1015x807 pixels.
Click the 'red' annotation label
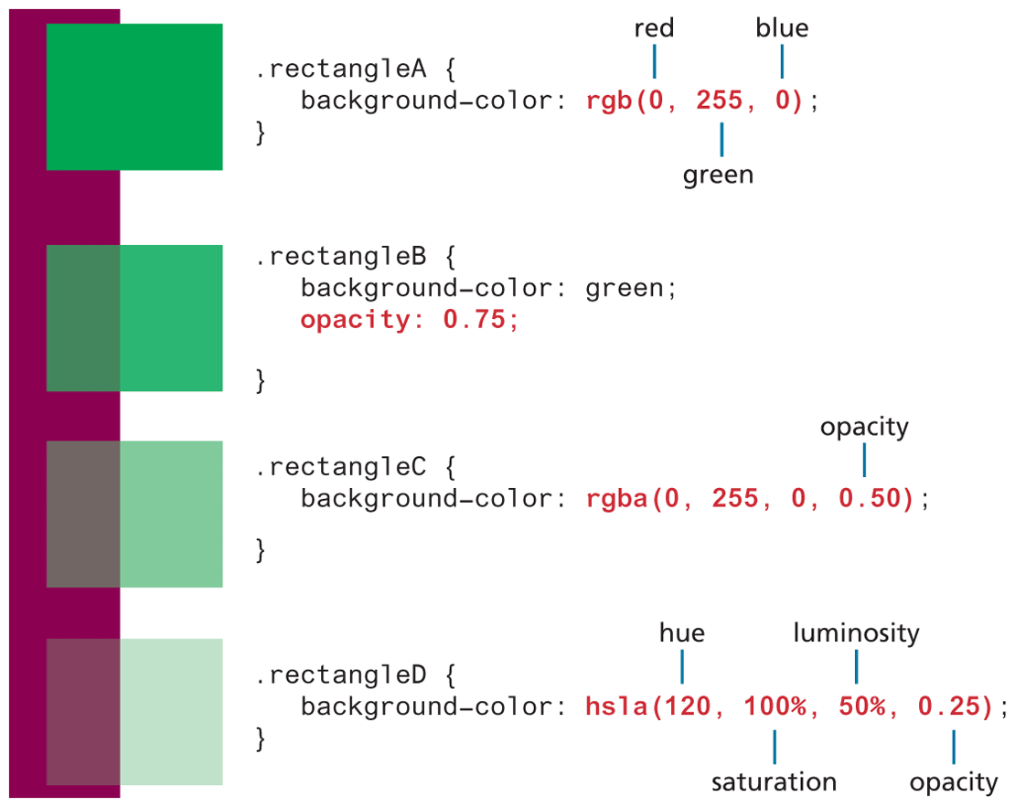[x=654, y=29]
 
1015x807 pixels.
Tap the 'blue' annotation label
[x=782, y=29]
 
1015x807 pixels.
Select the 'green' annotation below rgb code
[x=718, y=175]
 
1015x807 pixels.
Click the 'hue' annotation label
[x=682, y=632]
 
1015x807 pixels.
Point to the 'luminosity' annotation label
[x=856, y=632]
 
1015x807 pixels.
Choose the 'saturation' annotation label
[x=774, y=781]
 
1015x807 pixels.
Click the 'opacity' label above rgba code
[x=864, y=427]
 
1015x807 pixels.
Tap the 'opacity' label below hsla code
[x=954, y=781]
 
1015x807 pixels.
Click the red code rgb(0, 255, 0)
[x=695, y=101]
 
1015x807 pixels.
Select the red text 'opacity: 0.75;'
[x=410, y=321]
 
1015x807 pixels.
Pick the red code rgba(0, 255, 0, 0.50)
[x=751, y=499]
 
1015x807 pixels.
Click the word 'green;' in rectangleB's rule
[x=631, y=290]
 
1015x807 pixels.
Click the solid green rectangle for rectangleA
[x=134, y=97]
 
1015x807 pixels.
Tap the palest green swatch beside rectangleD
[x=171, y=711]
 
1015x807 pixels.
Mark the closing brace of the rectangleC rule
[x=261, y=550]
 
